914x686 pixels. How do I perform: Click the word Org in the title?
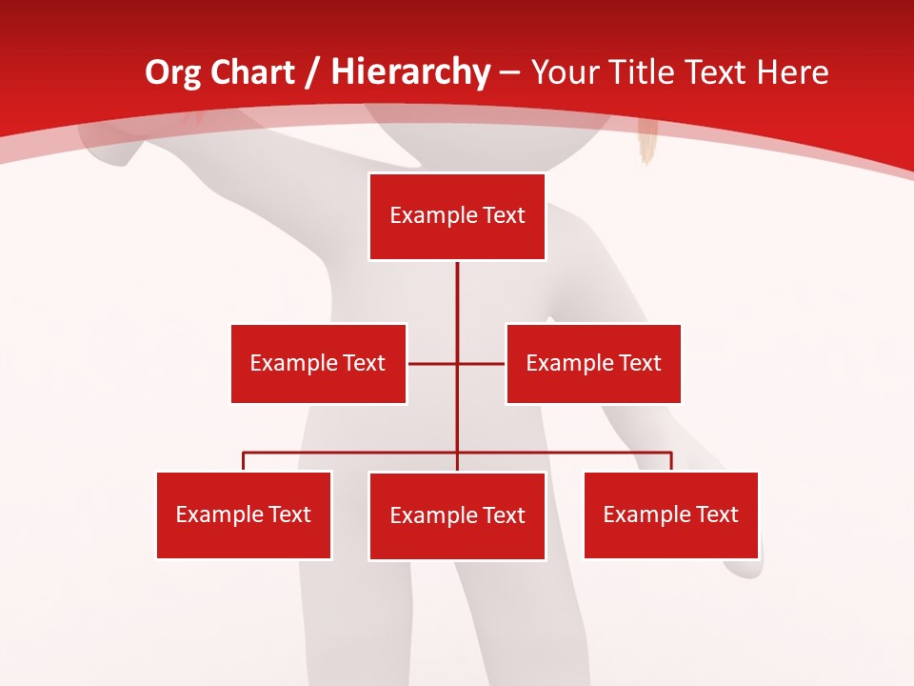pos(172,72)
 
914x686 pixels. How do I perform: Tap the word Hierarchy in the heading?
pos(410,72)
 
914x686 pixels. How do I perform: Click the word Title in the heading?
pos(646,72)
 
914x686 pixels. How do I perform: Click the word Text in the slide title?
pos(720,72)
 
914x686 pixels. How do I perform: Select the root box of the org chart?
pos(457,216)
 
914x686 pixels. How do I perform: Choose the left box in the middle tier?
pos(318,363)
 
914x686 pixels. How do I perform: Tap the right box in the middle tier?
pos(593,363)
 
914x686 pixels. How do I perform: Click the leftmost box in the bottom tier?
pos(244,514)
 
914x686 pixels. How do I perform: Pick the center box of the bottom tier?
pos(457,515)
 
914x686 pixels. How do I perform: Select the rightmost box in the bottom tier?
pos(670,514)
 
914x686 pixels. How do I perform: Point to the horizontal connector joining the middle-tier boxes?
pos(433,363)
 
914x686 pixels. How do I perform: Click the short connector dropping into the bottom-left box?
pos(244,461)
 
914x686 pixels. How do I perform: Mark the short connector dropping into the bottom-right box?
pos(671,461)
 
